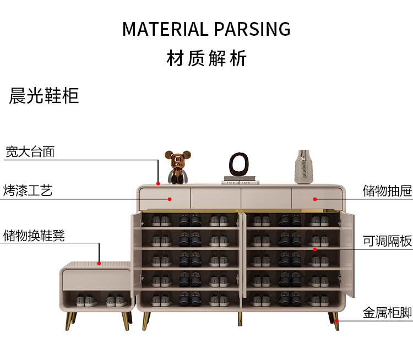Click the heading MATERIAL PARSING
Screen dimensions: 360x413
(206, 29)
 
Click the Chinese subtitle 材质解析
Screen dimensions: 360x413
(206, 58)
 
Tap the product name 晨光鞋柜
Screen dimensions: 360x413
(44, 96)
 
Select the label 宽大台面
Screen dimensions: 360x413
(30, 151)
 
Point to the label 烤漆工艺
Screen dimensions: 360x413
(28, 191)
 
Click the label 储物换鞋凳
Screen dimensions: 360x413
(34, 236)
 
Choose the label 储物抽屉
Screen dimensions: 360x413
(387, 191)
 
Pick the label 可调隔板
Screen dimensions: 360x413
(387, 241)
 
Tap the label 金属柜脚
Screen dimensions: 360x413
(387, 313)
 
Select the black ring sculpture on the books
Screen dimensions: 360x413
(240, 164)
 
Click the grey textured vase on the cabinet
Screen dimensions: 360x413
(304, 166)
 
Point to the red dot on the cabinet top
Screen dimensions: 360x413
(158, 183)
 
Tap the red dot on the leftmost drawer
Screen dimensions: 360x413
(170, 199)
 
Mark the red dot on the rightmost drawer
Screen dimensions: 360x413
(316, 199)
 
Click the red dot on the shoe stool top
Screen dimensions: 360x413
(99, 263)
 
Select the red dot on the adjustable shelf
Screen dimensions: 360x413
(316, 249)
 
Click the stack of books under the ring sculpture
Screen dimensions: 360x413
(241, 181)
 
